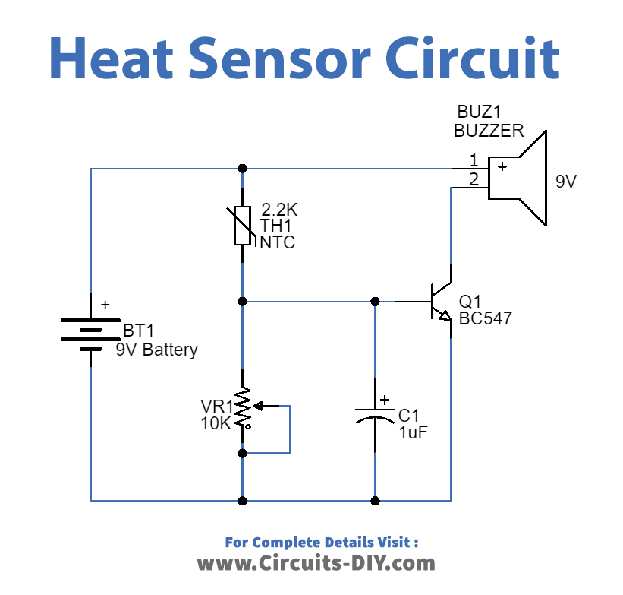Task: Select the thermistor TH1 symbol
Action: pos(242,225)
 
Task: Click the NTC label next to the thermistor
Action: pos(278,243)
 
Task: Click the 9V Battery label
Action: pos(156,350)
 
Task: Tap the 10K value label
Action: pos(216,424)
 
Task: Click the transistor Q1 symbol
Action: pos(439,302)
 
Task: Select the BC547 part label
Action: pos(485,318)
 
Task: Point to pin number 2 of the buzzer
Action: pos(474,179)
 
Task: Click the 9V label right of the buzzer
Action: pos(566,182)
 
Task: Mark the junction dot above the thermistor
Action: pos(242,168)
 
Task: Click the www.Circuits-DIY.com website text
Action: pos(316,563)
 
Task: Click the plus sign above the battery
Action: pos(105,304)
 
